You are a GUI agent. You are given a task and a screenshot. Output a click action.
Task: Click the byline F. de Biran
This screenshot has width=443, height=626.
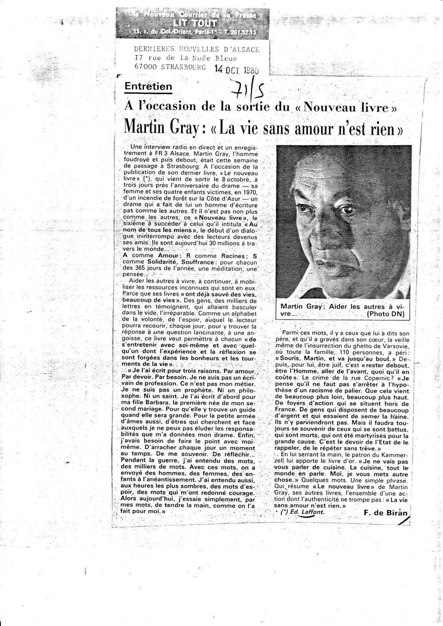(384, 513)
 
